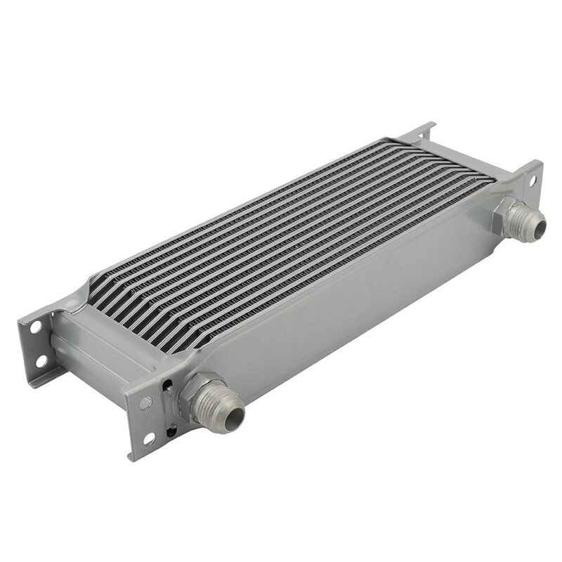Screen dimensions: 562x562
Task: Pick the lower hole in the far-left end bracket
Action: [41, 362]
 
